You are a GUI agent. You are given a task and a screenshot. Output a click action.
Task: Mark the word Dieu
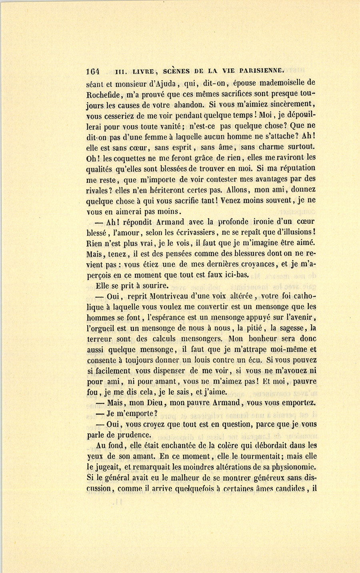pyautogui.click(x=153, y=403)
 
